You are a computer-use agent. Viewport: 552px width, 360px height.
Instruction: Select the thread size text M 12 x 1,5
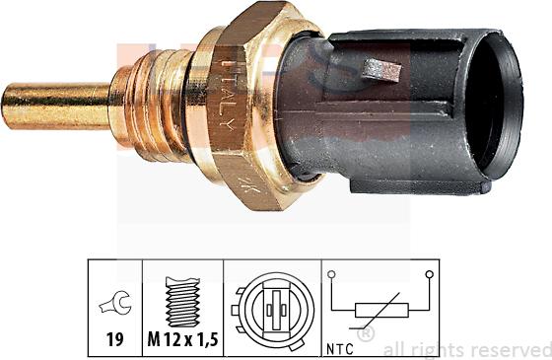183,341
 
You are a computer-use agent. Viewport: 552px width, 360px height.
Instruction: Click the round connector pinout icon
272,306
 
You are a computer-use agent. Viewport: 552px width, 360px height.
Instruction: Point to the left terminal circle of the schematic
332,275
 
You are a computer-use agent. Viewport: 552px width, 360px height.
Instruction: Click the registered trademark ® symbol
366,335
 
